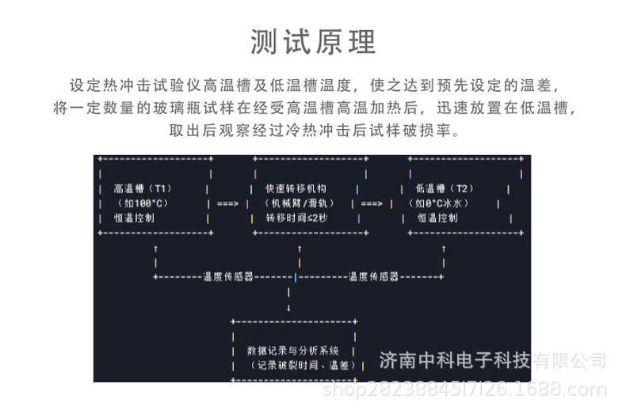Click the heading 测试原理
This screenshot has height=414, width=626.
click(313, 41)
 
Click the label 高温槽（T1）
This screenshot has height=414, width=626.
click(143, 189)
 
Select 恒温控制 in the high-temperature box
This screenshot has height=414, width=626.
click(134, 218)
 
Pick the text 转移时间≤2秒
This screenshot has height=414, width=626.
click(296, 218)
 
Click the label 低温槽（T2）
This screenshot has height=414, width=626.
click(444, 189)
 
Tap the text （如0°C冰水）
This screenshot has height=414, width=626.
click(440, 203)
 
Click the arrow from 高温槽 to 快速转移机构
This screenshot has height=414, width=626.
click(227, 203)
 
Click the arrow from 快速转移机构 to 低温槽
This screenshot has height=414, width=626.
click(372, 203)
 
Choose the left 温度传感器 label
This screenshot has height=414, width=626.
click(228, 276)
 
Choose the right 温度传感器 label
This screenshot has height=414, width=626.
click(373, 276)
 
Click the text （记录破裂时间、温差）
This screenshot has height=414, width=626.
click(295, 365)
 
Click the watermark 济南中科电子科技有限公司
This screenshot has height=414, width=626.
click(493, 362)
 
